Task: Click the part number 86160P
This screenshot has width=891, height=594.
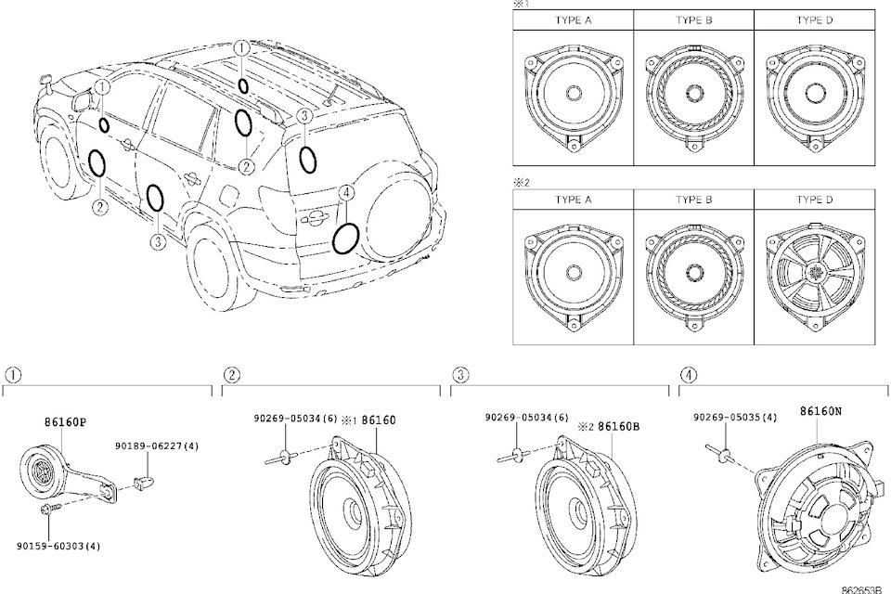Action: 65,421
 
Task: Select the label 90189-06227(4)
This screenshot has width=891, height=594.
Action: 158,446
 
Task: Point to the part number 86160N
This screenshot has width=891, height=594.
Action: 820,409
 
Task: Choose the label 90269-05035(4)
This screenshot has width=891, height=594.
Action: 735,419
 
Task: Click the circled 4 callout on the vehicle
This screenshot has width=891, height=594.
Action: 346,192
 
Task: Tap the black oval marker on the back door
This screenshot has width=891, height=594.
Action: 347,239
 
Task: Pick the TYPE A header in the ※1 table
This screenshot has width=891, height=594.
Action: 573,19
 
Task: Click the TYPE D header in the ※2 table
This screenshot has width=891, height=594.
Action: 814,200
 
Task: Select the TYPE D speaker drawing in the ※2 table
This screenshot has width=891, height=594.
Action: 814,272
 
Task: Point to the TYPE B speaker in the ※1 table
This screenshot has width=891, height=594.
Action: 693,93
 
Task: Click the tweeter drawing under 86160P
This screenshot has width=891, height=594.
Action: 42,471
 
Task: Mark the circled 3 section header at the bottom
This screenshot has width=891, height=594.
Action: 458,375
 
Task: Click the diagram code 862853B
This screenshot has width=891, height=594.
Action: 863,588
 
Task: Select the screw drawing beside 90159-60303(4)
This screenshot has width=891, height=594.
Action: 50,511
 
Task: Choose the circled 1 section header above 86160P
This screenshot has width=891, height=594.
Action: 13,375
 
